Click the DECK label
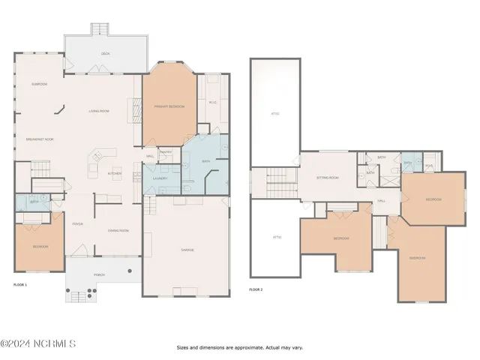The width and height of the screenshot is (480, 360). pos(105,54)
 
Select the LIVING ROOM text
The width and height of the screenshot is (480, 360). pos(99,111)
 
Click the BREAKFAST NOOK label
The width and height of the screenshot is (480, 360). pos(40,139)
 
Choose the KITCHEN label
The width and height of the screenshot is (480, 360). pos(114,173)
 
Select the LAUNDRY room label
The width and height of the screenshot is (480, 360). pos(160,178)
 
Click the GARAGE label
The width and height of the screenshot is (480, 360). pos(187,250)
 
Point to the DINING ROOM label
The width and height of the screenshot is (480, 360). pos(118,231)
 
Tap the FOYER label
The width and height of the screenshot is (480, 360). pos(77,223)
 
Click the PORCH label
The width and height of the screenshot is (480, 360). pos(99,275)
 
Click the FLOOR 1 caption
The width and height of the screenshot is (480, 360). pos(20,286)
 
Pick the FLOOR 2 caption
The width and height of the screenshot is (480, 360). pos(256,289)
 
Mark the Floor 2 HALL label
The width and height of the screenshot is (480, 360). pos(381,201)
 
